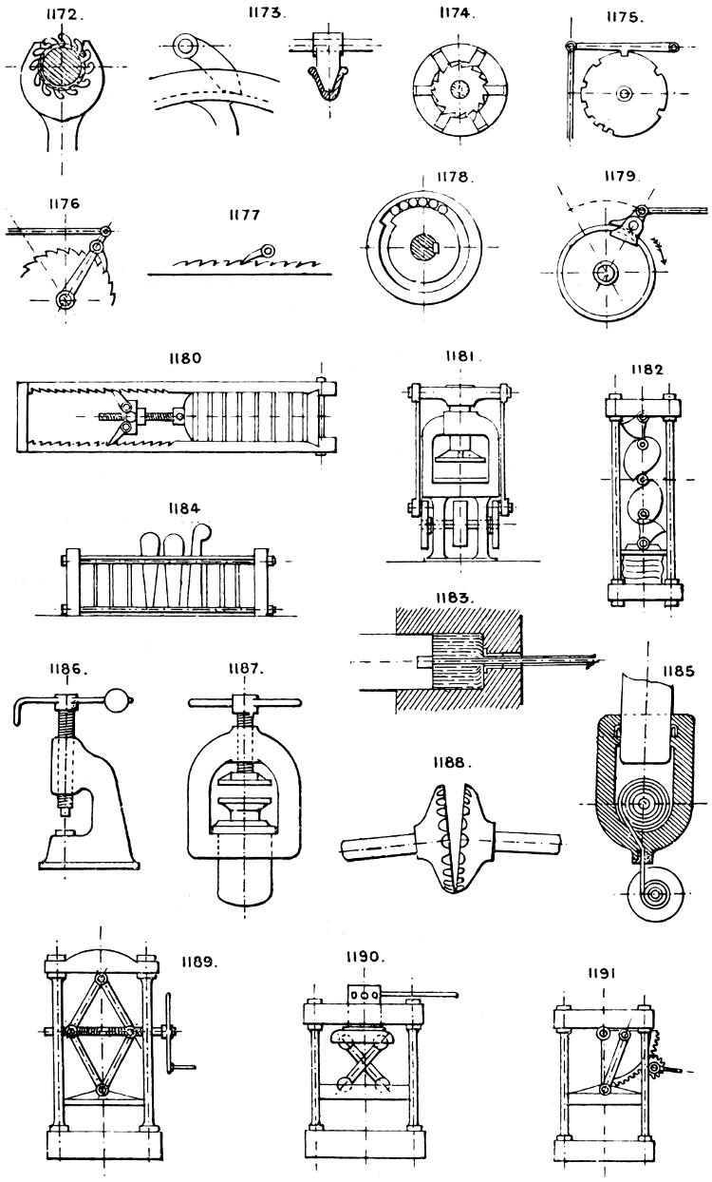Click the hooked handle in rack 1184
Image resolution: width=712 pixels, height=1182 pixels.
[x=203, y=544]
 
